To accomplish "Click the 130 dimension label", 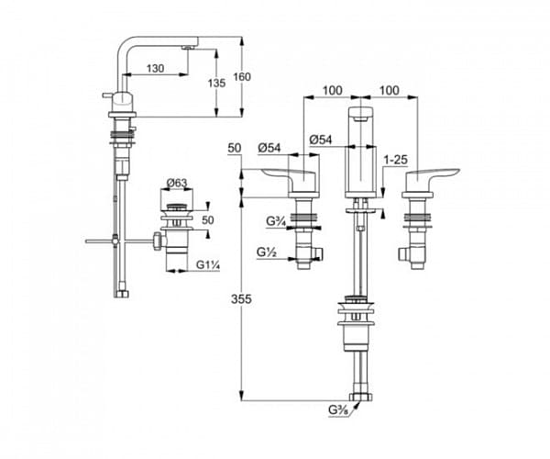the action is tap(155, 68).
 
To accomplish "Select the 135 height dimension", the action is tap(216, 83).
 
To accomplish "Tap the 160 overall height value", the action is tap(242, 76).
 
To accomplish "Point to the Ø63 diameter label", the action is tap(177, 183).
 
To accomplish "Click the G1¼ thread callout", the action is tap(208, 264).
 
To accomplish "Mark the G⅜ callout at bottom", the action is tap(338, 409).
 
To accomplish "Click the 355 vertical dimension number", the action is tap(241, 299).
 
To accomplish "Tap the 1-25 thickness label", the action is tap(396, 160).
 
